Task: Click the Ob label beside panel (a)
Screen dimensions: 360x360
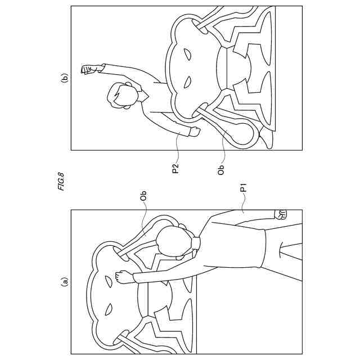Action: [x=143, y=197]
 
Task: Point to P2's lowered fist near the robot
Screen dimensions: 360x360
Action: [x=195, y=132]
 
